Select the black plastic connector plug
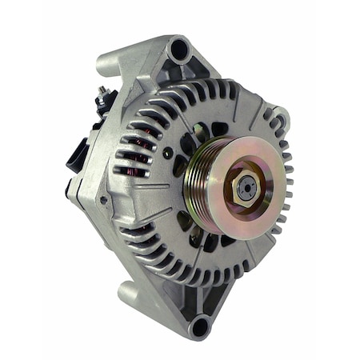(76, 154)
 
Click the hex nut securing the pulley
(245, 186)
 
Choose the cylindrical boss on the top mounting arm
(108, 59)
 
